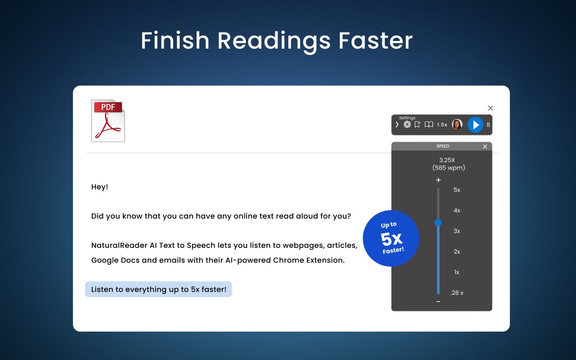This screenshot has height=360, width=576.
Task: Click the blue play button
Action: click(x=475, y=125)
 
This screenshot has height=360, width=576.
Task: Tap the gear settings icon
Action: click(x=407, y=125)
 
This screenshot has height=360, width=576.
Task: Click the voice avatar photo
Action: click(x=457, y=125)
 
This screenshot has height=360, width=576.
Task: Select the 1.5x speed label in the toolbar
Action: click(x=442, y=125)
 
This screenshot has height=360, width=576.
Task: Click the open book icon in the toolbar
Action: click(x=429, y=125)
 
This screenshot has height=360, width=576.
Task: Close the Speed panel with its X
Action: click(x=485, y=146)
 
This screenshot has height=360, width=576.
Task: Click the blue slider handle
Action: click(x=438, y=222)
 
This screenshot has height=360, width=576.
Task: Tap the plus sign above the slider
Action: click(x=438, y=180)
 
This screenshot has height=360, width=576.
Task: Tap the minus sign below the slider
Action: click(x=438, y=301)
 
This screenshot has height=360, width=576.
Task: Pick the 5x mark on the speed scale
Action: click(x=457, y=190)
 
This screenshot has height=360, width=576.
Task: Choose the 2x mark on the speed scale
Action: click(x=457, y=252)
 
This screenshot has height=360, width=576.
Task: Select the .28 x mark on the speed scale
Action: click(x=457, y=293)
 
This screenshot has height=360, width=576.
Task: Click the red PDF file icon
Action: click(x=108, y=121)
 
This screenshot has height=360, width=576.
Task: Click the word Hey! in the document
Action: click(x=99, y=187)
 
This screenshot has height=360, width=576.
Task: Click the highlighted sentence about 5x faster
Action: click(x=158, y=289)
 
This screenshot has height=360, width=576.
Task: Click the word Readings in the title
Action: click(x=274, y=41)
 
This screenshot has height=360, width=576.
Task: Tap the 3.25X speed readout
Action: click(x=447, y=160)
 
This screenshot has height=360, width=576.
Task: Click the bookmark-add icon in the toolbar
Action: click(x=418, y=125)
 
